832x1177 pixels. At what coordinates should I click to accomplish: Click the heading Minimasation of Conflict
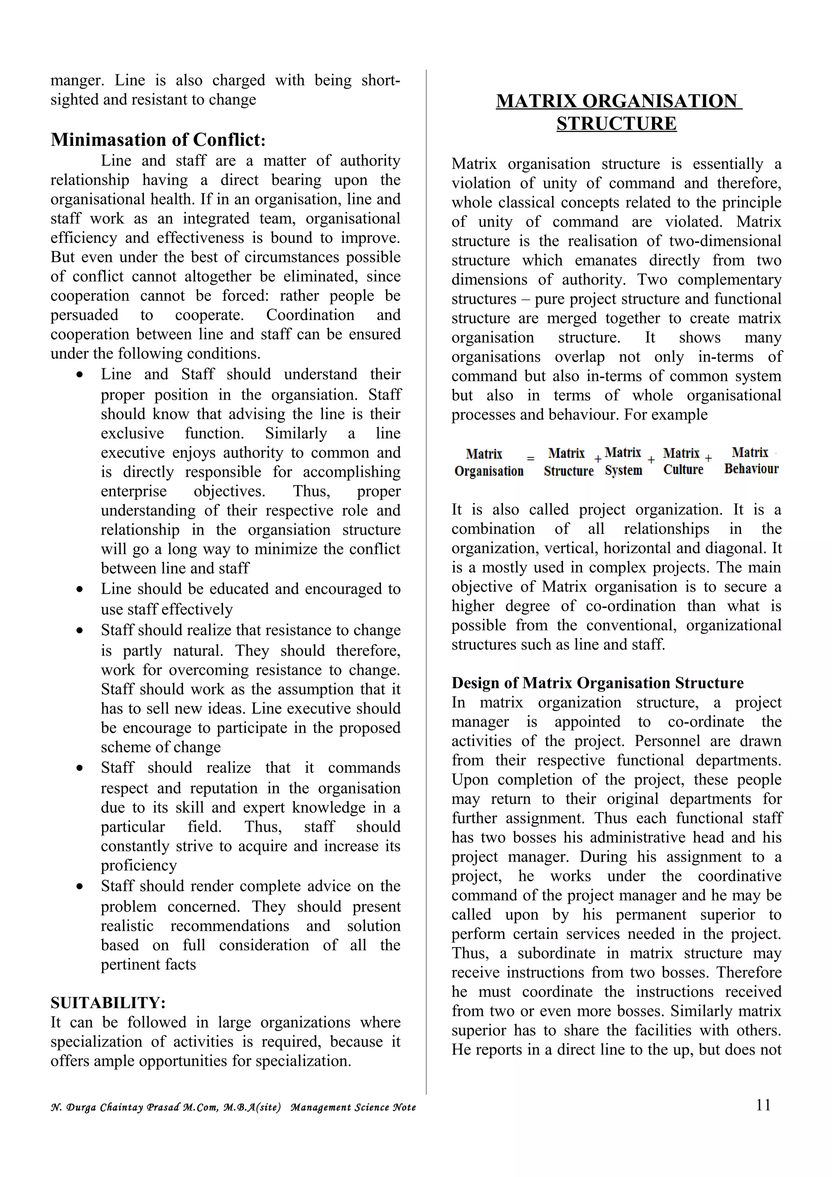(158, 139)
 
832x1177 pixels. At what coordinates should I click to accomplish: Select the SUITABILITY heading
(108, 1003)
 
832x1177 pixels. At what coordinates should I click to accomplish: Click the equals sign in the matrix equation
(531, 459)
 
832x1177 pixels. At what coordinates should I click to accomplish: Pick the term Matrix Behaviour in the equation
(751, 461)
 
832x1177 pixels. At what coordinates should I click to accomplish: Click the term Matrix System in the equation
(623, 461)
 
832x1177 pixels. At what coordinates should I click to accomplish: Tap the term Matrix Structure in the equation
(568, 462)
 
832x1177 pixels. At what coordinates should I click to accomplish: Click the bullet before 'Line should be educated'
(80, 590)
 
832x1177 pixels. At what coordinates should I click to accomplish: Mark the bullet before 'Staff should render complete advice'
(80, 887)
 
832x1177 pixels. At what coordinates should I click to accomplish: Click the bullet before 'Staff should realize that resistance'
(80, 630)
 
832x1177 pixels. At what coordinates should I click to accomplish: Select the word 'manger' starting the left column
(76, 80)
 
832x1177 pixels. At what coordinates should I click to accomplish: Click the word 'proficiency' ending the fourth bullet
(139, 865)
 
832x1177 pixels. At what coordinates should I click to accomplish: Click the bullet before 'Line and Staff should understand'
(80, 375)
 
